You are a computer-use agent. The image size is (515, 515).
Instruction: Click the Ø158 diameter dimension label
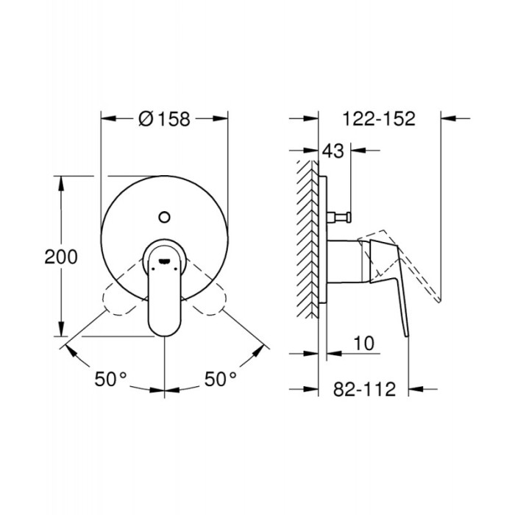point(164,118)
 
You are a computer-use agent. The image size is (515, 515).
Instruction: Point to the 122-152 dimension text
point(379,118)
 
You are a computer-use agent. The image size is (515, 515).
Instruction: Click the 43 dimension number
point(333,152)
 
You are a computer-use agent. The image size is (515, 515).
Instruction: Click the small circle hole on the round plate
point(164,216)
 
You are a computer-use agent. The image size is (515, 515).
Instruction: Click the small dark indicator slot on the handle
point(163,258)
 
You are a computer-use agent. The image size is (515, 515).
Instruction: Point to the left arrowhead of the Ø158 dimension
point(106,118)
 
